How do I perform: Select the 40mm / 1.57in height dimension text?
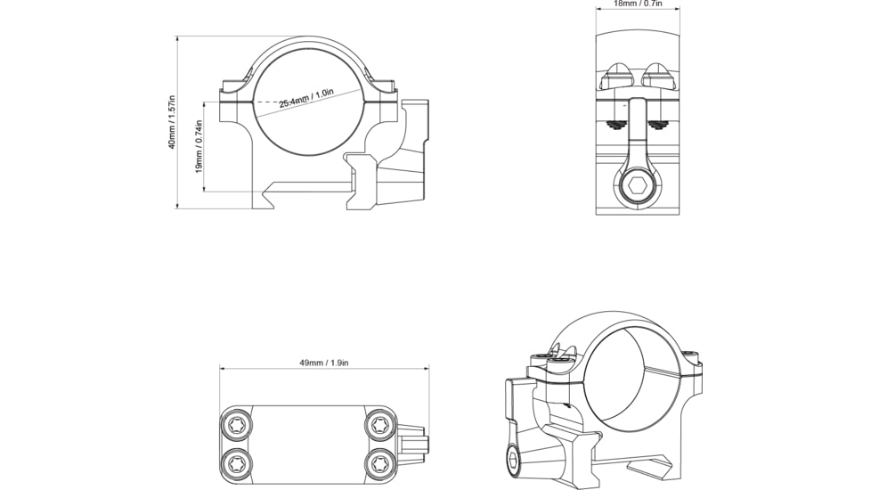pyautogui.click(x=172, y=122)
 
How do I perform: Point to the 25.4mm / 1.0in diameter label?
pyautogui.click(x=305, y=98)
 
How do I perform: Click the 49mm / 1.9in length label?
pyautogui.click(x=323, y=363)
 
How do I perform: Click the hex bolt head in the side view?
pyautogui.click(x=639, y=185)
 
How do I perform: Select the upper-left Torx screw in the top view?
pyautogui.click(x=237, y=425)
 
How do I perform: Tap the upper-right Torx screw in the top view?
pyautogui.click(x=379, y=425)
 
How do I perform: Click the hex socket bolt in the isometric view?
pyautogui.click(x=515, y=462)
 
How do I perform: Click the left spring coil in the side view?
pyautogui.click(x=616, y=125)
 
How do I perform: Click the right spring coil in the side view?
pyautogui.click(x=658, y=125)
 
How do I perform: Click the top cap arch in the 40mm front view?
pyautogui.click(x=307, y=43)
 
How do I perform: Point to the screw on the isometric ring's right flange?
pyautogui.click(x=692, y=359)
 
